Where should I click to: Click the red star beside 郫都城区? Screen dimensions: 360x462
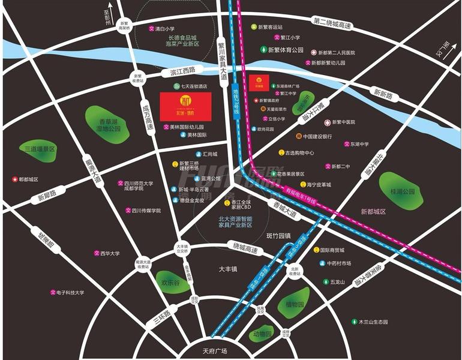click(14, 179)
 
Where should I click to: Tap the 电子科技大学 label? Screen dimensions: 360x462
click(70, 293)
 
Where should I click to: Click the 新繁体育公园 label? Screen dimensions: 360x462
click(286, 50)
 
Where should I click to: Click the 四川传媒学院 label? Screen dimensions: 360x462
click(146, 211)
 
